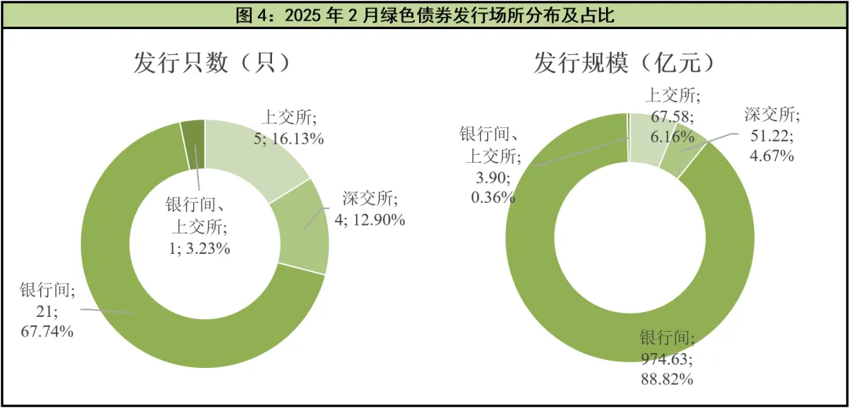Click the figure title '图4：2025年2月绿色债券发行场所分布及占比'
[424, 14]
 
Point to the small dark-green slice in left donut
[193, 144]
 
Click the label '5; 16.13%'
[289, 139]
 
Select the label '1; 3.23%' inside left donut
[198, 248]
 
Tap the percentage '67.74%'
[47, 331]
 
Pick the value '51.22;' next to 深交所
[771, 136]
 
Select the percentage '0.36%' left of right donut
[493, 197]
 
